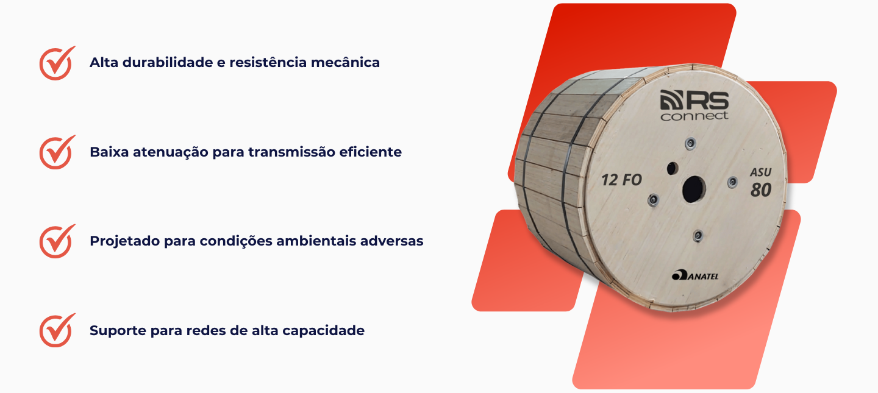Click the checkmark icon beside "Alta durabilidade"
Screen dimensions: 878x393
coord(56,64)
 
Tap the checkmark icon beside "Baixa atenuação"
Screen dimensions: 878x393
coord(56,153)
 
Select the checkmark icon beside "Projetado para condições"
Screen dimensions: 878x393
coord(56,242)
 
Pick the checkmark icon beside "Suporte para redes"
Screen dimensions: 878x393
coord(56,331)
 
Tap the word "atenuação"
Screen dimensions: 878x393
coord(171,152)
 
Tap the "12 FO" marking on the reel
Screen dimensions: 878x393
coord(622,180)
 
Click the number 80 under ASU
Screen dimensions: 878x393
coord(761,189)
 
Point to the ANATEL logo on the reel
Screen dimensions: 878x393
coord(695,275)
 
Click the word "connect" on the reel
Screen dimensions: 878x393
coord(694,116)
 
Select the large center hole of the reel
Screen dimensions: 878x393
coord(693,189)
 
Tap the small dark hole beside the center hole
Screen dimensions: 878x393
coord(672,169)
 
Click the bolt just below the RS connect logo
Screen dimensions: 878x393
coord(690,143)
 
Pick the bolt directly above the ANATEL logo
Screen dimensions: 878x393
coord(698,235)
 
